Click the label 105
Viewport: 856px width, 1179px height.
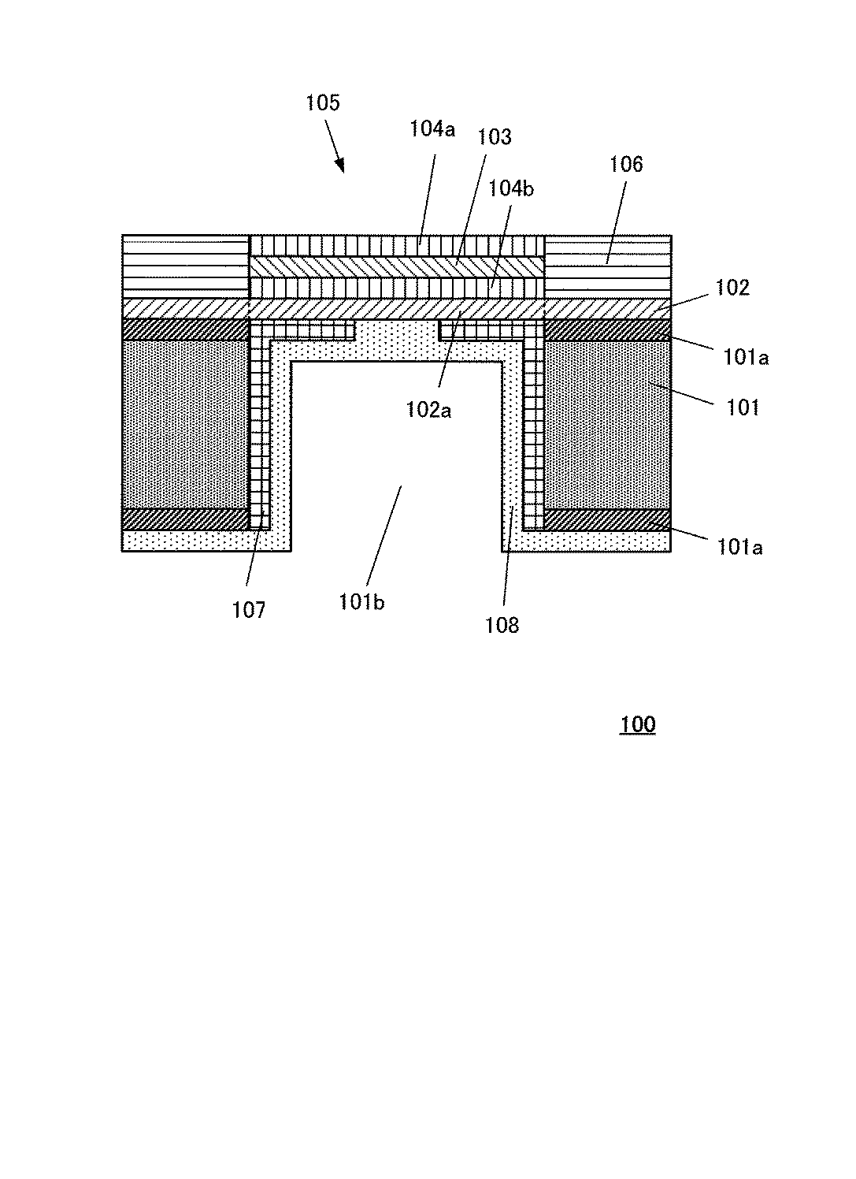pos(323,102)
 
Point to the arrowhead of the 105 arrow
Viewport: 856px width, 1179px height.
pos(341,166)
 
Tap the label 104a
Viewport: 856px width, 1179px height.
pos(432,128)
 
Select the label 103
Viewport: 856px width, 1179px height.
pos(495,137)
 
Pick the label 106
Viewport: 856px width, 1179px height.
pos(626,164)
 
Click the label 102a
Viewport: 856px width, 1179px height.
pos(428,410)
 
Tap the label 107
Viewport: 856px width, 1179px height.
pos(249,609)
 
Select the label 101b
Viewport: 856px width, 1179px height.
pos(361,603)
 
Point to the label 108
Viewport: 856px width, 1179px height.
pos(502,625)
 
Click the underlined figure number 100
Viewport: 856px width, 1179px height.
pos(637,724)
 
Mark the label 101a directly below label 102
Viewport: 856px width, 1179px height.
pos(747,357)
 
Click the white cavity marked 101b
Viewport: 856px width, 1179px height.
pos(397,457)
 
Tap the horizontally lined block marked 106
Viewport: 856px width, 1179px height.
pos(607,266)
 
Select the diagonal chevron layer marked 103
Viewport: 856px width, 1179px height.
pos(397,267)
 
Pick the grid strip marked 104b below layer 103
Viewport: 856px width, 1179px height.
pos(397,288)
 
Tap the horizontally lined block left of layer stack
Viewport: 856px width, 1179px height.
pos(186,266)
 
